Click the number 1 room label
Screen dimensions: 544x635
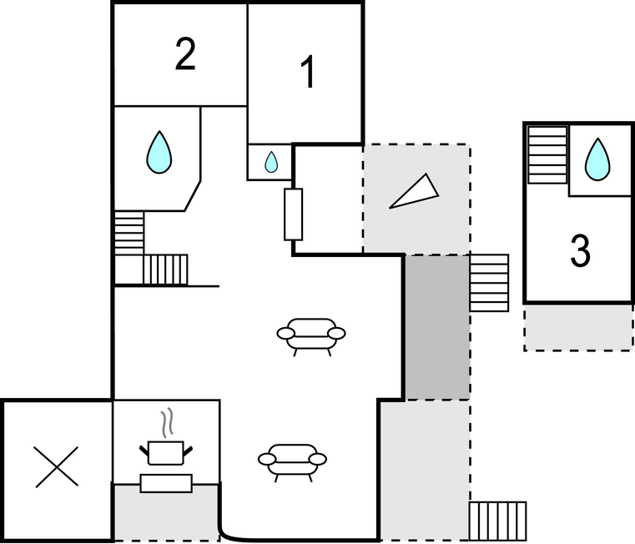click(308, 73)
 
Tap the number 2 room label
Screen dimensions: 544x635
click(185, 55)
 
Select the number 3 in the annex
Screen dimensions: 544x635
click(580, 250)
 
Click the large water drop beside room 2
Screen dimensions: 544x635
click(159, 152)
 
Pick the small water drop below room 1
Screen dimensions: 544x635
click(271, 161)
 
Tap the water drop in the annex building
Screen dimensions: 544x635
click(597, 159)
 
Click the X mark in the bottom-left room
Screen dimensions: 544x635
click(56, 466)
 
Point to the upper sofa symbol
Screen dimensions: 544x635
click(311, 334)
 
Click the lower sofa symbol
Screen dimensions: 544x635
click(292, 459)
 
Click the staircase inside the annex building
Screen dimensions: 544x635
click(547, 154)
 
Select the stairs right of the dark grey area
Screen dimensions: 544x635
click(489, 283)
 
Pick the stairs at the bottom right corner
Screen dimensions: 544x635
click(497, 521)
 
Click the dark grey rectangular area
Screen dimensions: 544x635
click(437, 326)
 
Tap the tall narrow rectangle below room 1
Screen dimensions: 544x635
click(293, 214)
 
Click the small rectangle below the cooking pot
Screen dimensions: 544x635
click(166, 483)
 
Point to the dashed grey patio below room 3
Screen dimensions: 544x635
click(577, 327)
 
